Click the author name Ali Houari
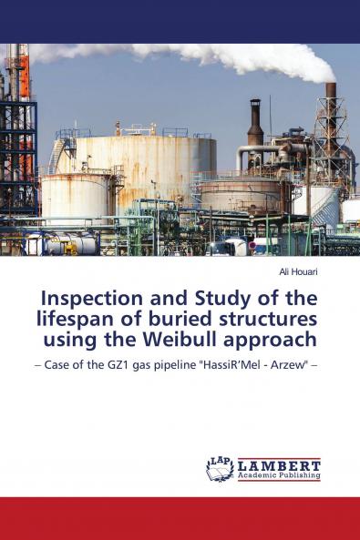click(298, 271)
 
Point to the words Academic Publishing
click(279, 475)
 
